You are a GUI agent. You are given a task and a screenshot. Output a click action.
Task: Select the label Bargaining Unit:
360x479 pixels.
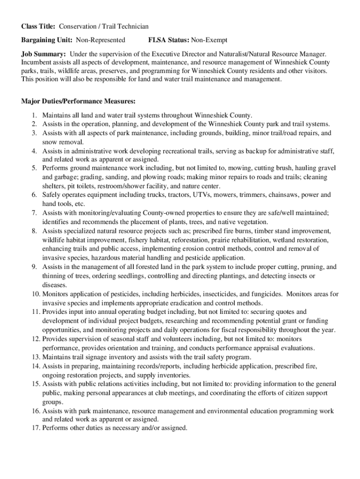click(47, 40)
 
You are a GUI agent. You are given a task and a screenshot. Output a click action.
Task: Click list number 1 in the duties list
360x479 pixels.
click(35, 115)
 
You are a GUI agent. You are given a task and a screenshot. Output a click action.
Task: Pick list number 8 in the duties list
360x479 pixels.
click(35, 231)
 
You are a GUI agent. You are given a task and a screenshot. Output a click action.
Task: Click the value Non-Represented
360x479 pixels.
click(101, 40)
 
